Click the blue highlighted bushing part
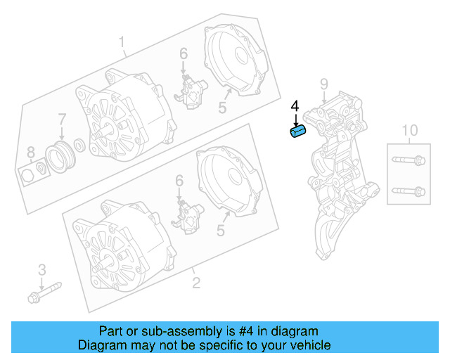pyautogui.click(x=299, y=132)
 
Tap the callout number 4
pyautogui.click(x=295, y=106)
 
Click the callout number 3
pyautogui.click(x=41, y=269)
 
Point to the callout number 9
pyautogui.click(x=323, y=85)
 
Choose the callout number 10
pyautogui.click(x=409, y=130)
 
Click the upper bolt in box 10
pyautogui.click(x=409, y=160)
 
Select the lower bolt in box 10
pyautogui.click(x=409, y=191)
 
